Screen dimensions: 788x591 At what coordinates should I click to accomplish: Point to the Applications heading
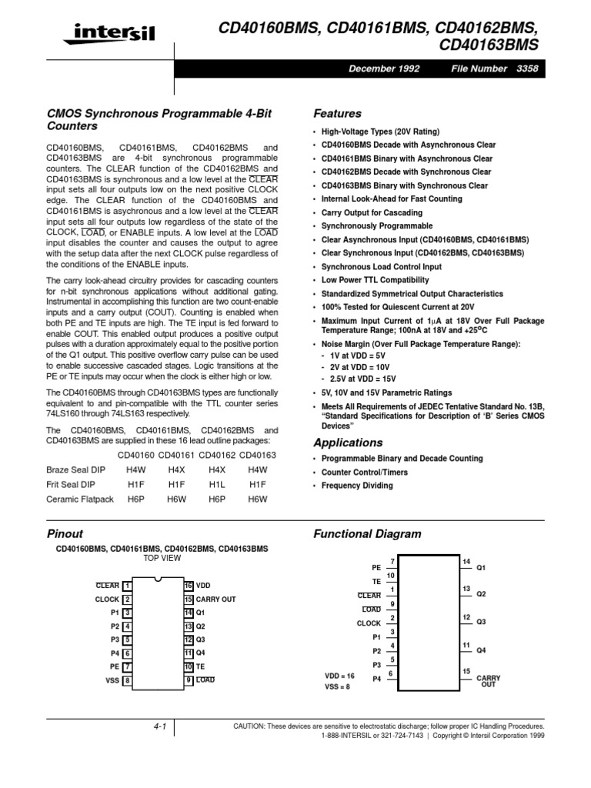pos(348,442)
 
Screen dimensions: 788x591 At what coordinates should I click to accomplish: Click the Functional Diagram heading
pos(367,533)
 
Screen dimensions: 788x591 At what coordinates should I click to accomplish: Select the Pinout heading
pos(65,533)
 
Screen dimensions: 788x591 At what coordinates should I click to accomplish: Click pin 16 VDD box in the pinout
pos(188,586)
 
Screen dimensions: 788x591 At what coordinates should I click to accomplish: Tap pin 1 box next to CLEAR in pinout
pos(127,586)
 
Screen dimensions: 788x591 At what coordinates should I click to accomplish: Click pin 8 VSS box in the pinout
pos(127,680)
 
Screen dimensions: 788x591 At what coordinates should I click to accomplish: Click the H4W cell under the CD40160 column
pos(136,469)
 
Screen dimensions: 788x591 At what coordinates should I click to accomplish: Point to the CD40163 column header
pos(258,456)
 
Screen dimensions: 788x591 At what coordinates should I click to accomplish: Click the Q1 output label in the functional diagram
pos(482,568)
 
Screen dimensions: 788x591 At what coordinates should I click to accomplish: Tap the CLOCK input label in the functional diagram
pos(369,623)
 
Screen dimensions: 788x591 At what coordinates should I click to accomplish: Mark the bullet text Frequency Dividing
pos(357,486)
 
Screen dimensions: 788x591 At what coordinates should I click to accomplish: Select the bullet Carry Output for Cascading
pos(372,212)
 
